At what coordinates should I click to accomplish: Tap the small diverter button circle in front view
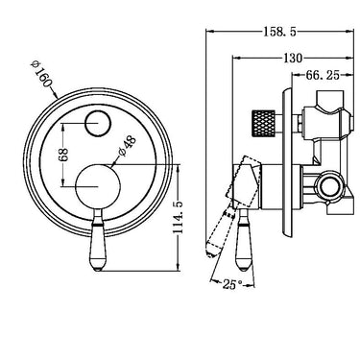click(98, 122)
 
